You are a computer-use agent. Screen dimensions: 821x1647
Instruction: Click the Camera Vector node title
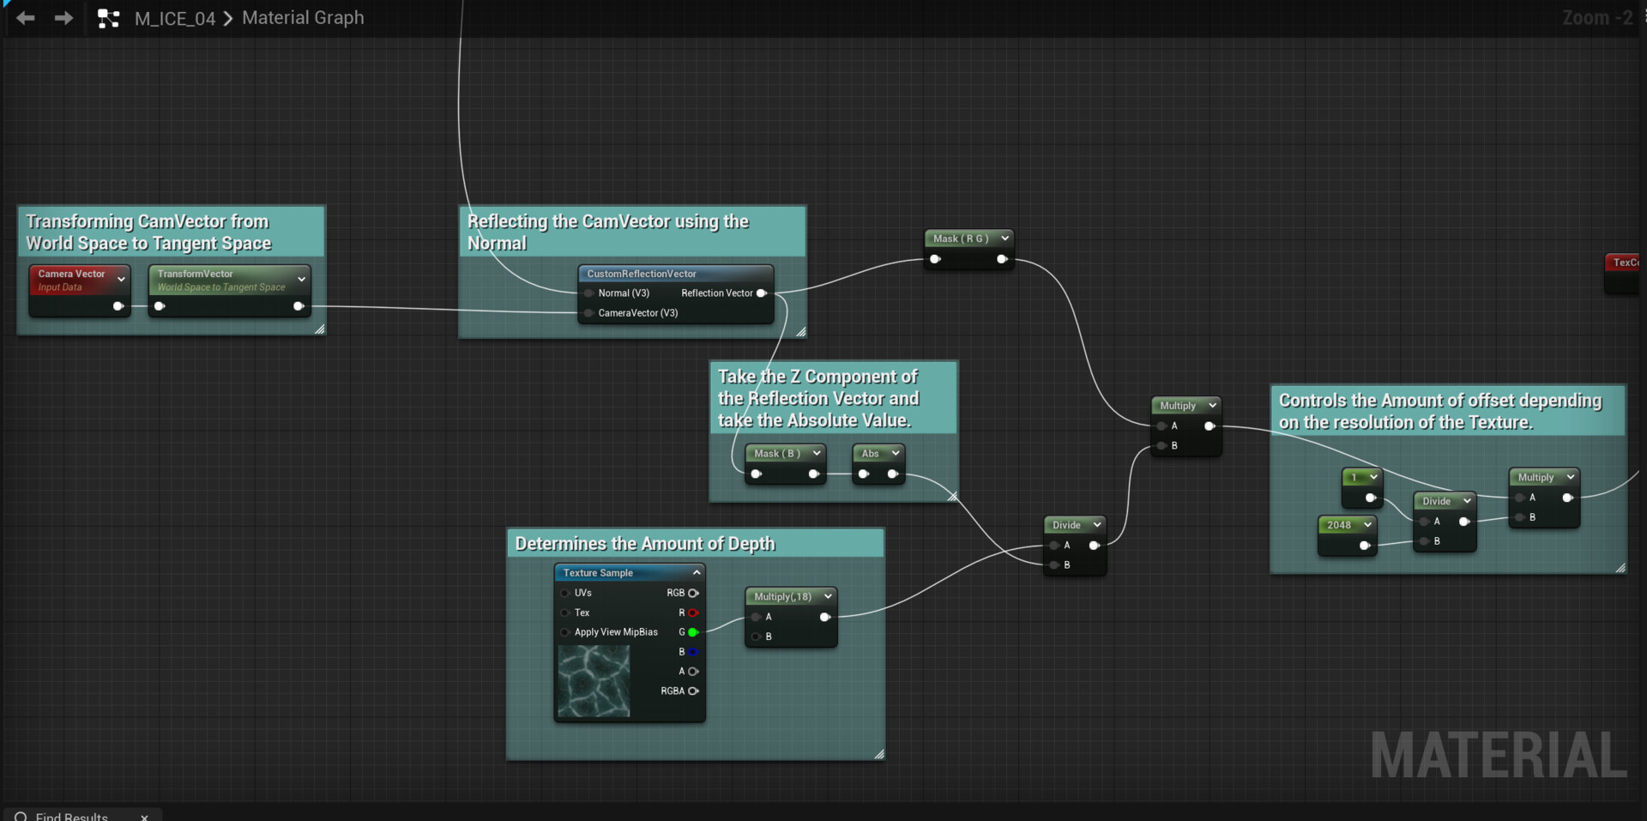(x=71, y=274)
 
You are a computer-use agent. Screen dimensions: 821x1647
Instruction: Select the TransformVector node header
(x=195, y=274)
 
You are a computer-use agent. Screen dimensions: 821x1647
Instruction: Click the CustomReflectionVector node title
(x=642, y=274)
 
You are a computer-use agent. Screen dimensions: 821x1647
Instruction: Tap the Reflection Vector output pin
(x=761, y=293)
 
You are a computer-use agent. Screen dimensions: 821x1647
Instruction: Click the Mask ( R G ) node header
(x=960, y=238)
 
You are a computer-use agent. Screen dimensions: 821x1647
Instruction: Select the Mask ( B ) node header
(x=777, y=453)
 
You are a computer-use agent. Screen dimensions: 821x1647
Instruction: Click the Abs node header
(x=870, y=453)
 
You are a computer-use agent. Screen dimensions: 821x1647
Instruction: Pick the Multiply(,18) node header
(x=782, y=596)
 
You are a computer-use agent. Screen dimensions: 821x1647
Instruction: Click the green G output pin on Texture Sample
(x=692, y=632)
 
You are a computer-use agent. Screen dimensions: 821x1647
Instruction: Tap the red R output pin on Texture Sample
(x=692, y=613)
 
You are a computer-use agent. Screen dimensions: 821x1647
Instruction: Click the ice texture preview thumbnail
(x=594, y=681)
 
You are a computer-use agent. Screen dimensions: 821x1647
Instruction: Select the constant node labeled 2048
(x=1339, y=525)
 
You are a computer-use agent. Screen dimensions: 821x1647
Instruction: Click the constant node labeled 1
(x=1354, y=477)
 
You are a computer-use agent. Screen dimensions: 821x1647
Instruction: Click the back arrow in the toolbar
(x=26, y=17)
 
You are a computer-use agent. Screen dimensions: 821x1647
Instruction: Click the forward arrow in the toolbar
(x=64, y=17)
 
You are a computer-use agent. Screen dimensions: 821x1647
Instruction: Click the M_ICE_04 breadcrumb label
(x=175, y=18)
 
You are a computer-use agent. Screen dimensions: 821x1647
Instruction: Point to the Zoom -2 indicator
(x=1596, y=18)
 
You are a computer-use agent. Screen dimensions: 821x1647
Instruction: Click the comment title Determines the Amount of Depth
(x=645, y=544)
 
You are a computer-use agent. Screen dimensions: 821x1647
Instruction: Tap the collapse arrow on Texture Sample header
(x=697, y=572)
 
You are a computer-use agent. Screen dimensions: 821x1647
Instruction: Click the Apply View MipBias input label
(x=616, y=632)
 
